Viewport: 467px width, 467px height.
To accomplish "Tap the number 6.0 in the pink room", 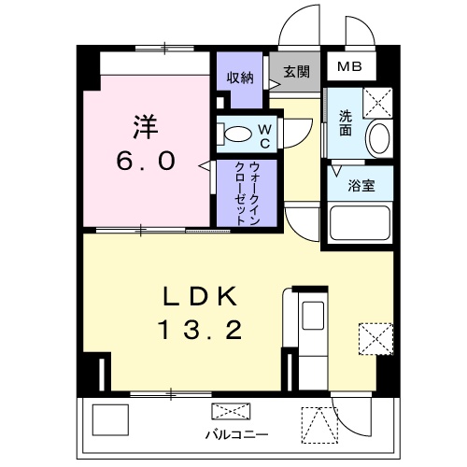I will click(146, 161).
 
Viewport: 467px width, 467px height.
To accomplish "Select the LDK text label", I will click(201, 297).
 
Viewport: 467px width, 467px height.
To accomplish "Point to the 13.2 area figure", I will click(201, 329).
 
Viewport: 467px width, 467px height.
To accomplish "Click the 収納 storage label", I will click(240, 78).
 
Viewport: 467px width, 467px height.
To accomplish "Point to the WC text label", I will click(263, 134).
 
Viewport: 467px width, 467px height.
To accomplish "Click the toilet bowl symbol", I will click(235, 134).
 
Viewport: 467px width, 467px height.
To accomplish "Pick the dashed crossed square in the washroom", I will click(377, 100).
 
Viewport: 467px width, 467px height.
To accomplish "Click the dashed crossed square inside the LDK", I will click(375, 337).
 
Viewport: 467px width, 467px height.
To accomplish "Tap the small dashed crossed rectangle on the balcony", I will click(231, 412).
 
